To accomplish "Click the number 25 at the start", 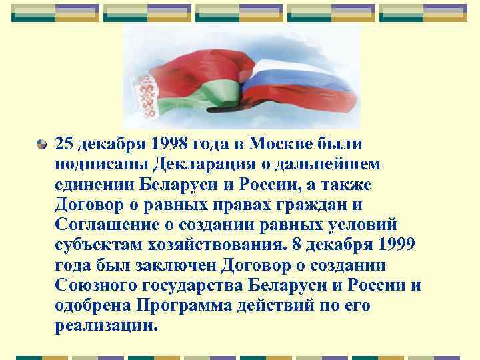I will coord(65,143).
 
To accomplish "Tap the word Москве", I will coord(289,143).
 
